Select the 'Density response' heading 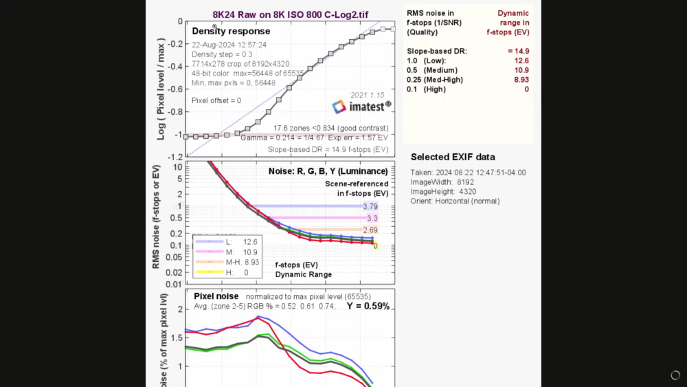[231, 31]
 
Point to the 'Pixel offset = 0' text [216, 100]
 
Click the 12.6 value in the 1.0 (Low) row [521, 60]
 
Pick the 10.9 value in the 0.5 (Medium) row [521, 70]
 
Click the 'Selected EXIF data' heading [453, 157]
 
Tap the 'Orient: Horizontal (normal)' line [455, 201]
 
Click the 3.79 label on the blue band [370, 206]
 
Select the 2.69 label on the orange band [370, 230]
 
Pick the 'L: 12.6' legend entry [227, 242]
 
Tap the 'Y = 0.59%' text [368, 307]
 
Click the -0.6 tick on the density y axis [176, 89]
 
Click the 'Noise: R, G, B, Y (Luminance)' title [328, 171]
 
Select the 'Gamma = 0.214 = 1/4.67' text [279, 138]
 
